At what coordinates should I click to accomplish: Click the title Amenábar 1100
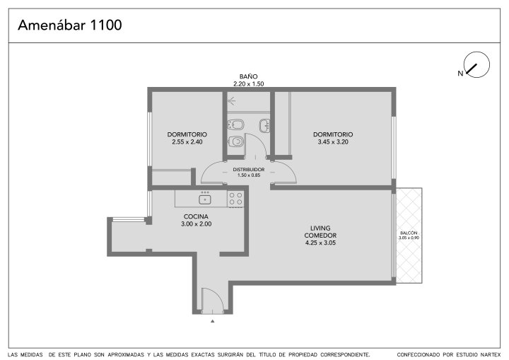click(70, 25)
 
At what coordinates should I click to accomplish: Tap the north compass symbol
click(476, 65)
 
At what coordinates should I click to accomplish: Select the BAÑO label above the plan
click(249, 76)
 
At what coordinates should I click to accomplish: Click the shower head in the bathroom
click(231, 101)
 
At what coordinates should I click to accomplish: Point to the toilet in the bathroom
click(236, 141)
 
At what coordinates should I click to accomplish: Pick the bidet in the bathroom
click(236, 124)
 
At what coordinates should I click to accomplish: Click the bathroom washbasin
click(264, 126)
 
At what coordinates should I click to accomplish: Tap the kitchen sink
click(205, 199)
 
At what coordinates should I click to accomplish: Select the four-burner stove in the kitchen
click(235, 199)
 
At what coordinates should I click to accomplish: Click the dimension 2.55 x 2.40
click(187, 142)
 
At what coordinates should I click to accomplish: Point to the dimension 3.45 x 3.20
click(333, 142)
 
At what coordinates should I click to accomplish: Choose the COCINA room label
click(196, 216)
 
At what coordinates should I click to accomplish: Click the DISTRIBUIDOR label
click(249, 170)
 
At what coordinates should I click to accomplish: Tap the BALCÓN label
click(409, 233)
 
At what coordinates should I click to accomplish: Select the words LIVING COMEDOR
click(320, 232)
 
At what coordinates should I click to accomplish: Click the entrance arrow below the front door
click(213, 321)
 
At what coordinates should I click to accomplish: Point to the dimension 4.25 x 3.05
click(320, 243)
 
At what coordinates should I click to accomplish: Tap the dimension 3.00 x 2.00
click(197, 224)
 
